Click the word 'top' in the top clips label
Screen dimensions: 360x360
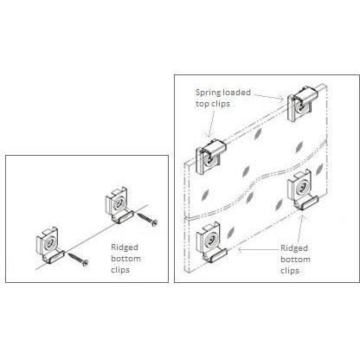(201, 104)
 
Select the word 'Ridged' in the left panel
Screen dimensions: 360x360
(125, 247)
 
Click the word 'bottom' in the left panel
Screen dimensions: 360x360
(125, 259)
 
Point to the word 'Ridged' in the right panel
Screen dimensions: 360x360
(294, 248)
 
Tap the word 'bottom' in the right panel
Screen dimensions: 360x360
(295, 260)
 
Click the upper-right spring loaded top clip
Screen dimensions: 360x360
(302, 104)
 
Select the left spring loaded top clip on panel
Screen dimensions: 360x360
(210, 157)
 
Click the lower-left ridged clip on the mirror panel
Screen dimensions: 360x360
(211, 241)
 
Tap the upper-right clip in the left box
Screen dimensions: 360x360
(119, 205)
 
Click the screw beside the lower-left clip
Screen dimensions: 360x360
(78, 259)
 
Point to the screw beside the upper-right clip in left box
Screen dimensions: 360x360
(147, 219)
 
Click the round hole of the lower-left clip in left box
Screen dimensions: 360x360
(49, 242)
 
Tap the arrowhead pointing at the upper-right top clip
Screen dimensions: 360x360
(281, 100)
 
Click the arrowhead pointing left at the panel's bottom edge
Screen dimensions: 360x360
(240, 250)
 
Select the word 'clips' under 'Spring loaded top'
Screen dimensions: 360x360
(219, 104)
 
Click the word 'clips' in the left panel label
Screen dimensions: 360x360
(120, 270)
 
